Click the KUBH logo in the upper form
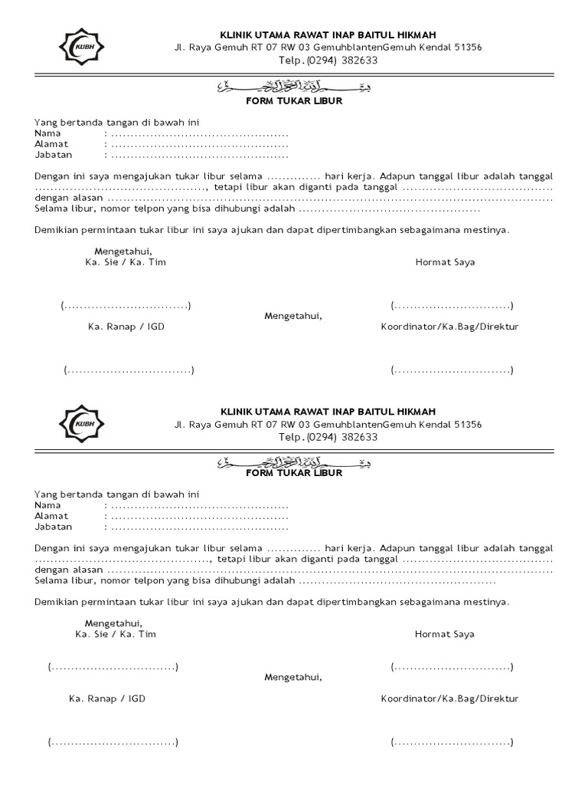coord(82,47)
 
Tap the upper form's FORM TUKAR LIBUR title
coord(294,100)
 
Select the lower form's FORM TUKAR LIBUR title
coord(294,473)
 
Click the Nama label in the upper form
coord(47,133)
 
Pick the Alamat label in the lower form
coord(51,516)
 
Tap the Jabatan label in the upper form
coord(53,154)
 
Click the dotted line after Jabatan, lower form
coord(200,527)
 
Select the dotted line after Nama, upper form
coord(200,134)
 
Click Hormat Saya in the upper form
coord(445,261)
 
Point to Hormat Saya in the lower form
coord(445,634)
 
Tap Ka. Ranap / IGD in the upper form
coord(126,327)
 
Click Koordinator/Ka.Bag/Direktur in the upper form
coord(449,327)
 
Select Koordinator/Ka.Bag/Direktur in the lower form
coord(449,698)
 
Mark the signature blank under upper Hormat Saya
coord(452,307)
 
